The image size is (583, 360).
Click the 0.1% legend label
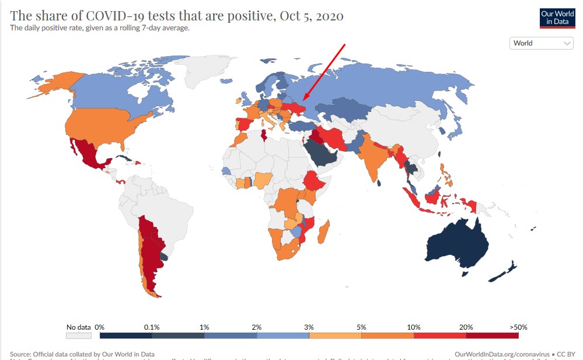pyautogui.click(x=152, y=327)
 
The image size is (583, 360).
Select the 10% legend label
pyautogui.click(x=413, y=327)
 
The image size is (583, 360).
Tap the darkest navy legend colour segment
pyautogui.click(x=125, y=335)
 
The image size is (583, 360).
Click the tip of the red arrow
pyautogui.click(x=303, y=102)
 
